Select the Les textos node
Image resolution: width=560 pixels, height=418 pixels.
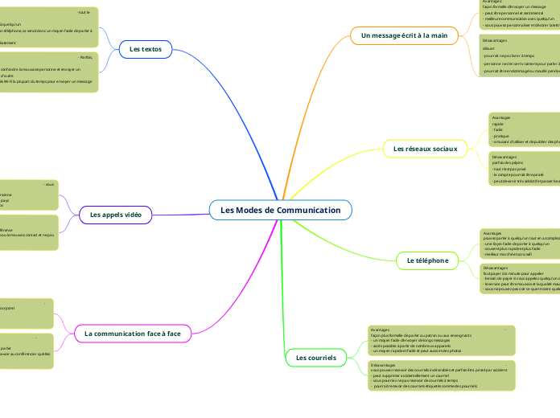[x=146, y=50]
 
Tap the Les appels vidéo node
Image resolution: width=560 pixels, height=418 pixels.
[x=115, y=215]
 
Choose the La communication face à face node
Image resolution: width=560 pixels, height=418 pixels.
[x=132, y=332]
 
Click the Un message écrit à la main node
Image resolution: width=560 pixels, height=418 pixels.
[x=404, y=35]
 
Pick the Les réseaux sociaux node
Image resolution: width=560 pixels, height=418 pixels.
[x=424, y=149]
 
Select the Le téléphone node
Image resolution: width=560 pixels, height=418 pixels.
[x=426, y=260]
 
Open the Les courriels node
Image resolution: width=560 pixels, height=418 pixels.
[x=316, y=357]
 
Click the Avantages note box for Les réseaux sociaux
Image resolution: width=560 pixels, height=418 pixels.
[x=523, y=129]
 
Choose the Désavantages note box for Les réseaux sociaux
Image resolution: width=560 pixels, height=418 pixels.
[x=523, y=169]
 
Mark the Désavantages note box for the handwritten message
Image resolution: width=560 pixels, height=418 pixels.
[x=518, y=55]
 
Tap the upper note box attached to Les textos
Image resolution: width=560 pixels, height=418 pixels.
[x=48, y=27]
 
